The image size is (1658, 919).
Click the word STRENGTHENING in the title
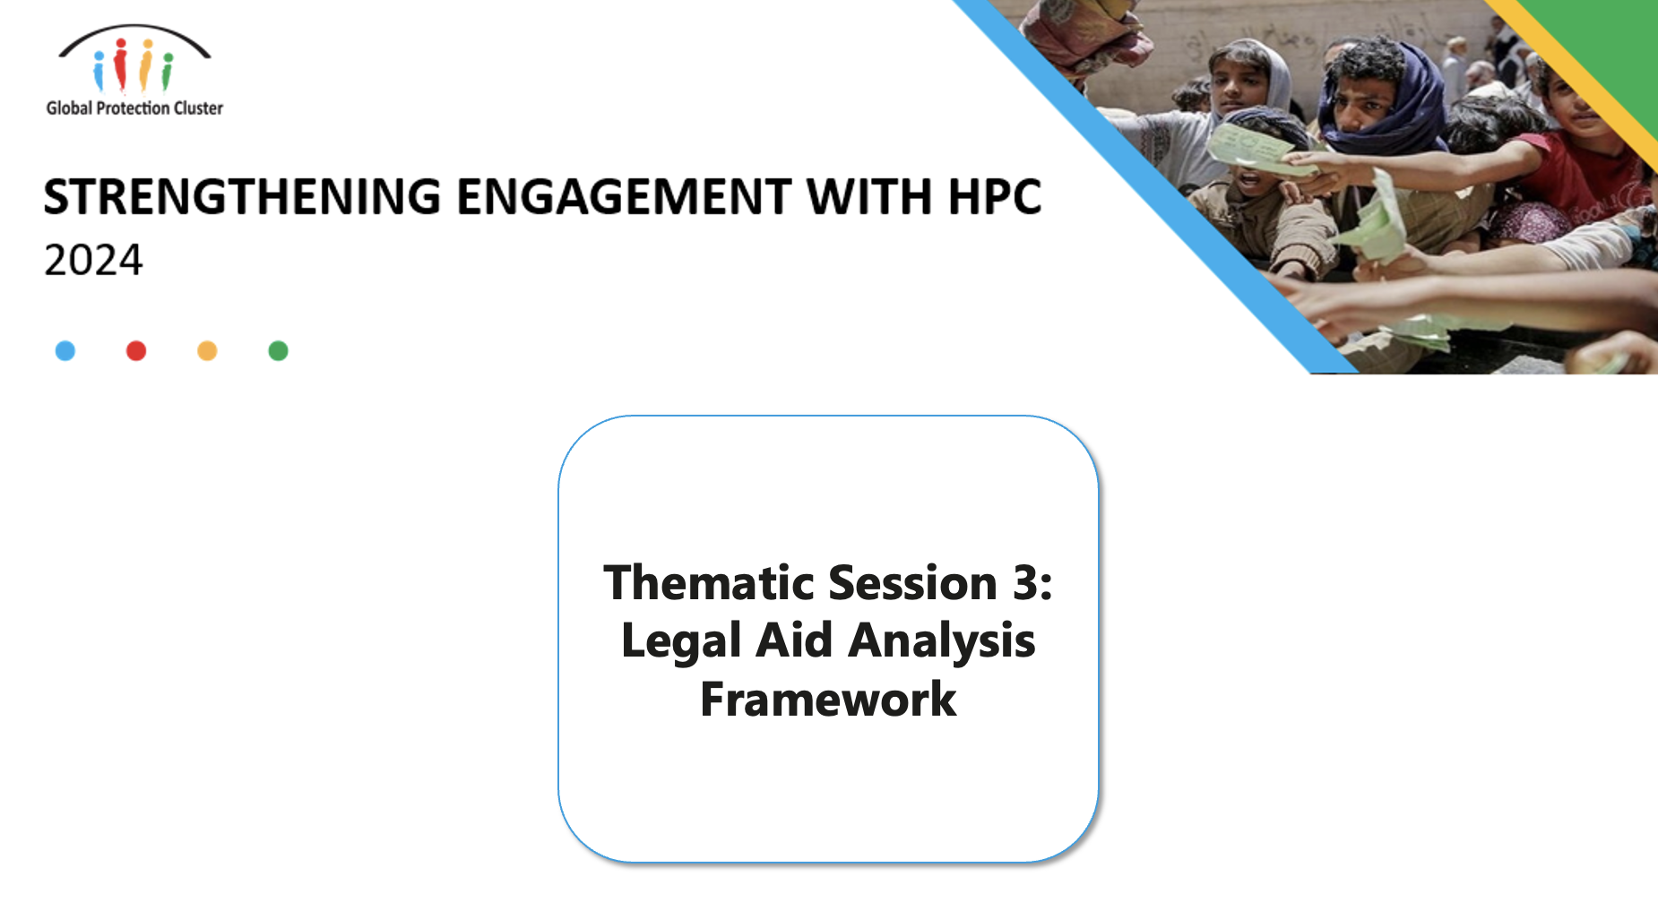242,197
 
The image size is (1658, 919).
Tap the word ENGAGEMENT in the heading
625,197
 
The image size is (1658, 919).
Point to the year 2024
93,261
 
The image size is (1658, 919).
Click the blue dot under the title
65,350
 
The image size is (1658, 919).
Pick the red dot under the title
136,350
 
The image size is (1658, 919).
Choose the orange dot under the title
207,350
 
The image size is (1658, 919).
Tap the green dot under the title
278,350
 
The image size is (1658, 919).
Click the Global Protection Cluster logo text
134,108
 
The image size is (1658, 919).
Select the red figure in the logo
120,64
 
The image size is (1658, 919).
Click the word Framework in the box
828,700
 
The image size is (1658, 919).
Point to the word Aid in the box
795,640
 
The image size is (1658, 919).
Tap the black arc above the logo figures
134,27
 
